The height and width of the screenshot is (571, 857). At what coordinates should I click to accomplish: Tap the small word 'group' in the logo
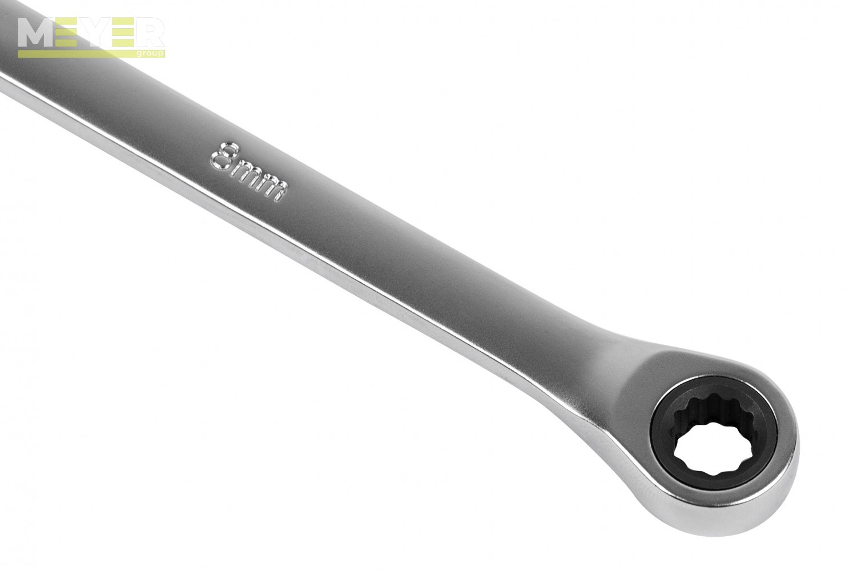pyautogui.click(x=150, y=54)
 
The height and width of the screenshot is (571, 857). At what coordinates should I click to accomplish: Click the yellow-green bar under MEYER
pyautogui.click(x=77, y=54)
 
